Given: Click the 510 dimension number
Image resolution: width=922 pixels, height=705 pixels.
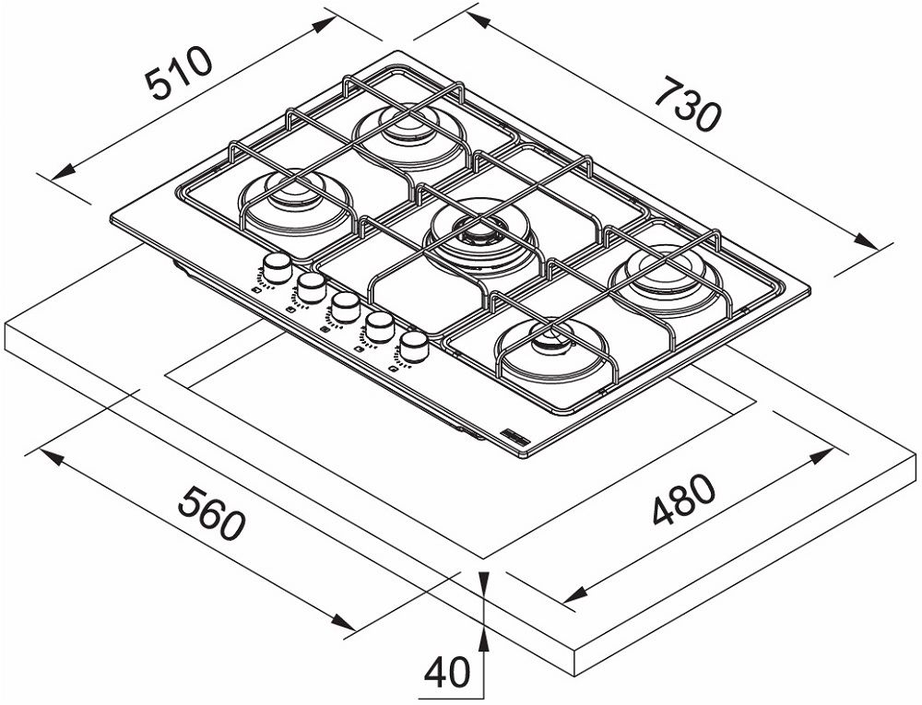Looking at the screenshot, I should (181, 73).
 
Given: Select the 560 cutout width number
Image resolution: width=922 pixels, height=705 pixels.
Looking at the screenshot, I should (213, 514).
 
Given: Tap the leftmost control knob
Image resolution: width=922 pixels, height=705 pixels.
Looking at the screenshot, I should (274, 268).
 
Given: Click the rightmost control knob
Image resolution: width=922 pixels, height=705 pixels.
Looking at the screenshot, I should (414, 347).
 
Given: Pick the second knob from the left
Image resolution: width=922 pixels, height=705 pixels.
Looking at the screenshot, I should (310, 285).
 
